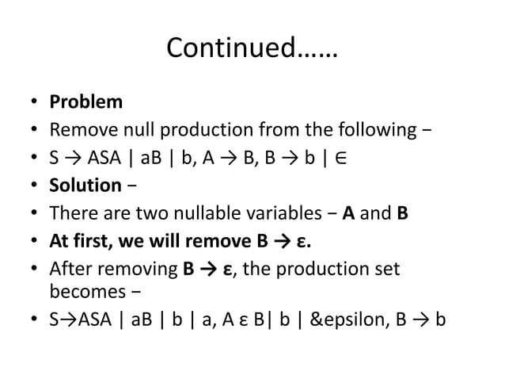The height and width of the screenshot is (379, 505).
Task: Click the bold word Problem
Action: coord(86,102)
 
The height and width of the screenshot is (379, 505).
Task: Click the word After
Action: coord(73,270)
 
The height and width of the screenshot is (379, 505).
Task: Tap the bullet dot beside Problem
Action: coord(34,103)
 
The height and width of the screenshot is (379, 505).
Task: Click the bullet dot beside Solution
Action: coord(34,186)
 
